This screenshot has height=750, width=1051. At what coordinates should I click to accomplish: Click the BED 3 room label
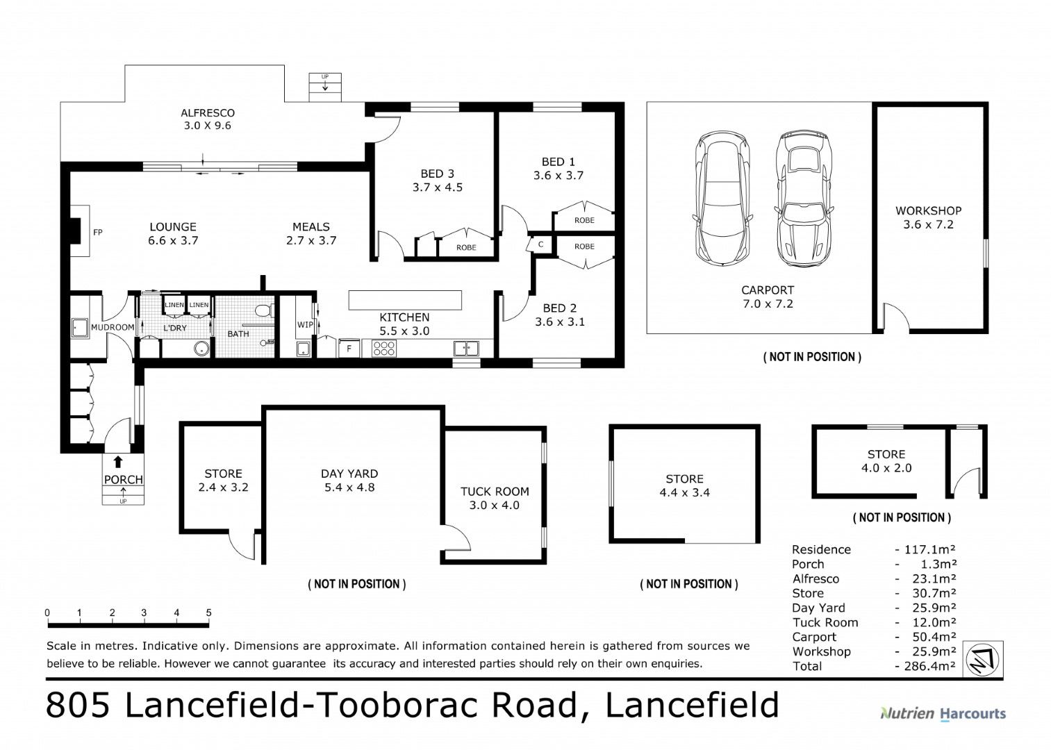click(438, 174)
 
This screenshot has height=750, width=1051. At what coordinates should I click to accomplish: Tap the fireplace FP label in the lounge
click(97, 232)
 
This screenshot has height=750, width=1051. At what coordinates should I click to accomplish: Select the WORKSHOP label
click(928, 211)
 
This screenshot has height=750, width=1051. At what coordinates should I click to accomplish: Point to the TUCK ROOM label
click(495, 492)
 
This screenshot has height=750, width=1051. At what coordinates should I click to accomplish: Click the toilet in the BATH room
click(264, 310)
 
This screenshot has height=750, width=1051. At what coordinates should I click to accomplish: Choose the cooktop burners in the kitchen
click(384, 348)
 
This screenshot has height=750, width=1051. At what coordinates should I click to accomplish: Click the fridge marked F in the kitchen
click(349, 348)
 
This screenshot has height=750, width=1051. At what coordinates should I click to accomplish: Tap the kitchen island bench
click(405, 300)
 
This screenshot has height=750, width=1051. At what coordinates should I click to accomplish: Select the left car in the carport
click(722, 199)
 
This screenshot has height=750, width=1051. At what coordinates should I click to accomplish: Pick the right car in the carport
click(804, 199)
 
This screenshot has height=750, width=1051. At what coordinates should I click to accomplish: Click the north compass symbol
click(983, 659)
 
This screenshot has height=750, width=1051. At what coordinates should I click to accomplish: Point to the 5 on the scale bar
click(209, 612)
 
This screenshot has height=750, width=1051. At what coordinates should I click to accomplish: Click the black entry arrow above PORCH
click(118, 462)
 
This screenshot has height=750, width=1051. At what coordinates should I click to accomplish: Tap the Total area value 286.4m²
click(929, 666)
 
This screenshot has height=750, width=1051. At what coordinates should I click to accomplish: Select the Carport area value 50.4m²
click(934, 637)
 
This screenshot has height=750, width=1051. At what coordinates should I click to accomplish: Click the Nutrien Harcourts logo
click(943, 714)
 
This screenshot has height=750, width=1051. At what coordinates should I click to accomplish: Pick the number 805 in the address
click(78, 705)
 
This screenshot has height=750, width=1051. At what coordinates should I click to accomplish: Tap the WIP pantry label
click(305, 324)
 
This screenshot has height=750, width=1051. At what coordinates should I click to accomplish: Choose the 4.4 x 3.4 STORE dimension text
click(684, 492)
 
